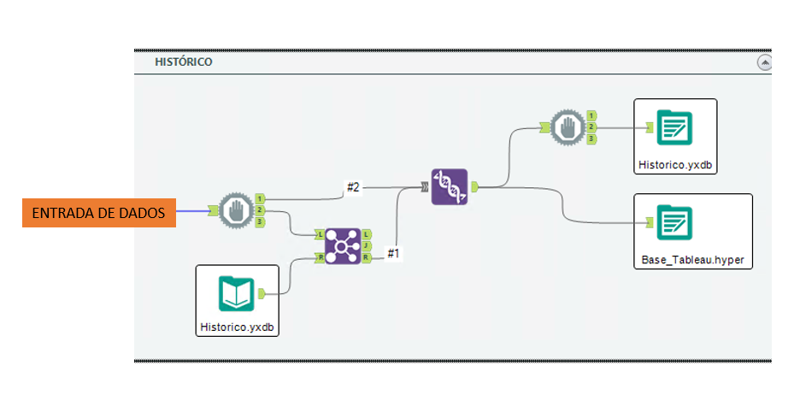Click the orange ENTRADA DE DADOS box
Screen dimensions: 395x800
tap(98, 213)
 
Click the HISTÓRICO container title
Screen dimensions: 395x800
tap(183, 62)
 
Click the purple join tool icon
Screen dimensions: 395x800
tap(342, 246)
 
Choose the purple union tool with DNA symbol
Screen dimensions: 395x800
tap(450, 186)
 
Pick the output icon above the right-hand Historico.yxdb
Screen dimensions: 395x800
tap(674, 127)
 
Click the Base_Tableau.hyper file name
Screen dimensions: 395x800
tap(693, 258)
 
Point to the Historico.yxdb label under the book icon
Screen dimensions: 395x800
tap(238, 326)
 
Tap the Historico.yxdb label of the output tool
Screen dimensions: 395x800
tap(674, 162)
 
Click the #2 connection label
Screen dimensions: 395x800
tap(353, 186)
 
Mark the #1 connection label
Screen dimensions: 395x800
tap(394, 253)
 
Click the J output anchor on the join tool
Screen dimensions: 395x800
tap(367, 246)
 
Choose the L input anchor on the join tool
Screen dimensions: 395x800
tap(320, 233)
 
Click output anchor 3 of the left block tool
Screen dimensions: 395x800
tap(260, 221)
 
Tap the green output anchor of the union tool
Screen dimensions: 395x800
tap(475, 186)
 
